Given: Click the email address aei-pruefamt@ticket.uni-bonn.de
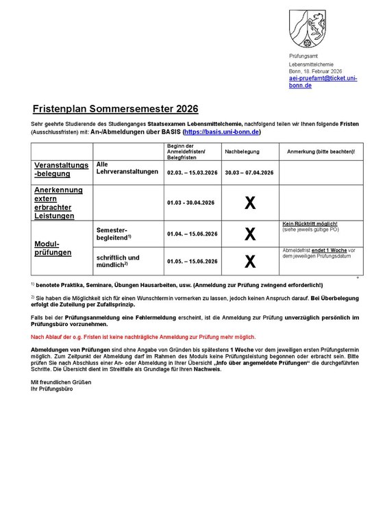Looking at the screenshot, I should point(323,82).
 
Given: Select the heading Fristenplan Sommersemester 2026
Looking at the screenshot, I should point(116,108).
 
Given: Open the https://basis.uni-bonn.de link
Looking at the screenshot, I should point(222,131).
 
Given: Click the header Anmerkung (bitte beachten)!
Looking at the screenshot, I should point(320,150).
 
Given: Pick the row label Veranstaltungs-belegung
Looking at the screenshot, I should point(62,169).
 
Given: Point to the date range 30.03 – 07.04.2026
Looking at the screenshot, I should point(249,172).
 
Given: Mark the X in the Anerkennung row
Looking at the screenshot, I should point(250,203).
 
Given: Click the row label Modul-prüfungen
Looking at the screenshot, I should point(49,248).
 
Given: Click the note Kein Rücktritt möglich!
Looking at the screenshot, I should point(309,224).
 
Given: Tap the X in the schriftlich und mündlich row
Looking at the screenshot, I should point(250,261).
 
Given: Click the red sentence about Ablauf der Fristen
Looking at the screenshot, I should point(143,337).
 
